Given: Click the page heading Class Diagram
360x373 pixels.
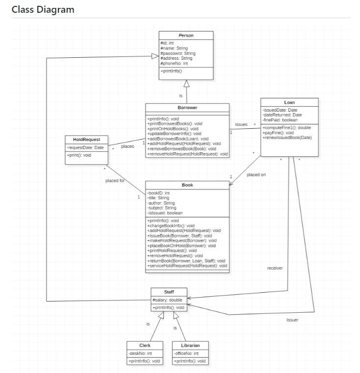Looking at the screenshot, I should pyautogui.click(x=43, y=9).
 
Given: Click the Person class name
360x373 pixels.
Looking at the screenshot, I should pyautogui.click(x=186, y=35).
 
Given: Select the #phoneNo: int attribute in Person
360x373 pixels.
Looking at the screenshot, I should pyautogui.click(x=174, y=63).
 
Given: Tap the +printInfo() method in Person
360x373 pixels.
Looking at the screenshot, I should pyautogui.click(x=171, y=71).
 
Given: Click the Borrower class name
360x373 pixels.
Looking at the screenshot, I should pyautogui.click(x=187, y=107).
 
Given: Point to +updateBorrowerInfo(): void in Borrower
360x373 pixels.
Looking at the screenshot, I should pyautogui.click(x=174, y=134).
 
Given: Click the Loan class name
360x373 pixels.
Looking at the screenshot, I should pyautogui.click(x=289, y=102).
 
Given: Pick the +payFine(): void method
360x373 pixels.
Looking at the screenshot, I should pyautogui.click(x=278, y=133).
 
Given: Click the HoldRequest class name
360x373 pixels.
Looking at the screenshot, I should pyautogui.click(x=86, y=140).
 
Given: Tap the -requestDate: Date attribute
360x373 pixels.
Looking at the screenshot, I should pyautogui.click(x=85, y=147).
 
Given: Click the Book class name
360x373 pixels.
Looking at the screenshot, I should pyautogui.click(x=187, y=185).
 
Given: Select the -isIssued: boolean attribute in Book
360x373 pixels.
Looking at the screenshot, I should pyautogui.click(x=165, y=213).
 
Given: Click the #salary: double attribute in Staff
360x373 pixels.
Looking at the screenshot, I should pyautogui.click(x=167, y=300).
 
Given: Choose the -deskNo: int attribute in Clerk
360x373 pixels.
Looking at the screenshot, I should pyautogui.click(x=140, y=353).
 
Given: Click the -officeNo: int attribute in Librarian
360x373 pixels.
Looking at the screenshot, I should pyautogui.click(x=186, y=353).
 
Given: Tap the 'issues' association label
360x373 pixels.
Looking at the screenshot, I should pyautogui.click(x=241, y=124).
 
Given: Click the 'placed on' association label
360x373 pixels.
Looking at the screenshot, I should pyautogui.click(x=256, y=175).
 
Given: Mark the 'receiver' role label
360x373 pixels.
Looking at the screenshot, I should pyautogui.click(x=275, y=268).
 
